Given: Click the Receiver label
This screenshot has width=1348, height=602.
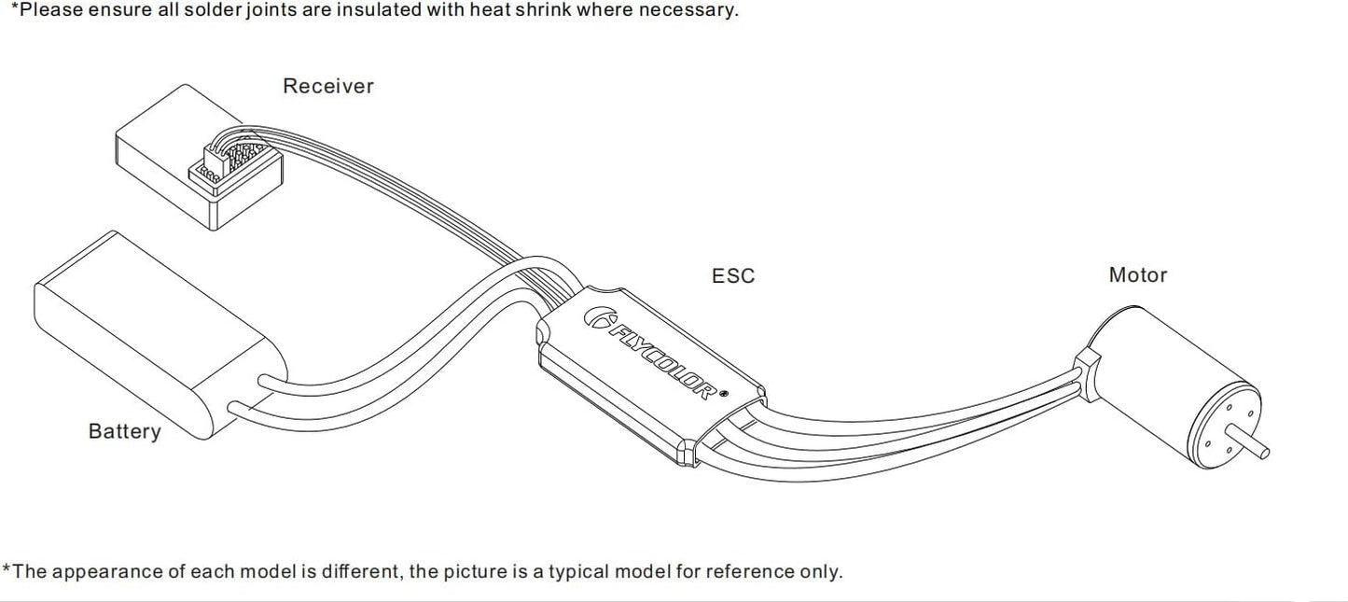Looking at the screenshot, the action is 328,86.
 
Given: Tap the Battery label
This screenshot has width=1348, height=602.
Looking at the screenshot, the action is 125,431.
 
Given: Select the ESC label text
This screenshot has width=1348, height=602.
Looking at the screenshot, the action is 733,275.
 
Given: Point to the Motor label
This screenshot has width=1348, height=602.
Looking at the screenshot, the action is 1138,275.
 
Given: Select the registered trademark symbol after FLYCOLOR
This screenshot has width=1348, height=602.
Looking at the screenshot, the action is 723,394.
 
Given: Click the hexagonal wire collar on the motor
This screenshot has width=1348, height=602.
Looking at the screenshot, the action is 1088,374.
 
